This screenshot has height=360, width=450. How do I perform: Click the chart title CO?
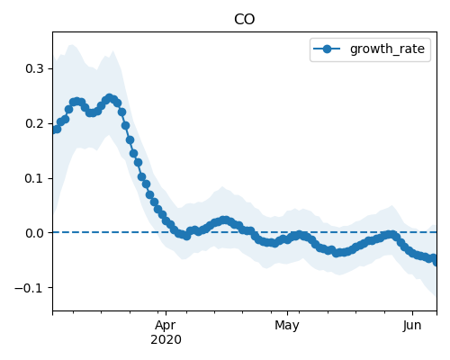244,20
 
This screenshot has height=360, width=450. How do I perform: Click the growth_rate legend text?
387,49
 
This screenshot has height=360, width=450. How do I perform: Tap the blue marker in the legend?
327,49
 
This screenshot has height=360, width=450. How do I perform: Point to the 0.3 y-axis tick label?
34,68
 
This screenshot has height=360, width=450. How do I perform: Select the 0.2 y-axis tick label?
34,123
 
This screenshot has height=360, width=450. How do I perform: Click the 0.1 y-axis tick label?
34,178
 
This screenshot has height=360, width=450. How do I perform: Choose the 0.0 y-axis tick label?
34,233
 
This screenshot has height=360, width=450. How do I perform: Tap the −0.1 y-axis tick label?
29,288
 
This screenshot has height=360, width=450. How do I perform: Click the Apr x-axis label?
166,325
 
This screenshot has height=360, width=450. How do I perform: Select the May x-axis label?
287,325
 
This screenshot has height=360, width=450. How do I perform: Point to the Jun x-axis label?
412,325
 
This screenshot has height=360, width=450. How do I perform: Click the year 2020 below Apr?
166,339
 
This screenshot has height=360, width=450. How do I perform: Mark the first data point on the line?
57,130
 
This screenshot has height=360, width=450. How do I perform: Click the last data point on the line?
435,262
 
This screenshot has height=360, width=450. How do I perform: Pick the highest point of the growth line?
110,98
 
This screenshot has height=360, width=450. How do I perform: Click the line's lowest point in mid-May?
337,253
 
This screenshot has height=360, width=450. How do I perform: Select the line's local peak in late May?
391,235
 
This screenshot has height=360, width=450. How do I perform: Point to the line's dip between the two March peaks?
92,112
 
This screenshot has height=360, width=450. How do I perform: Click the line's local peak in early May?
299,235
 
